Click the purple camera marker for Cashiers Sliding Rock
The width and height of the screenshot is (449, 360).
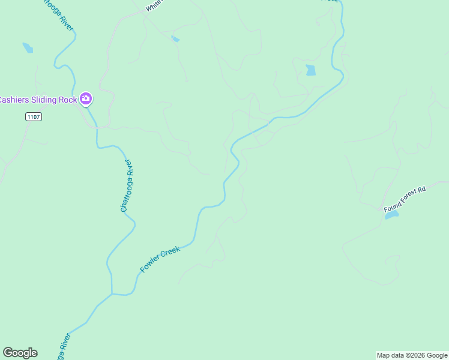point(86,98)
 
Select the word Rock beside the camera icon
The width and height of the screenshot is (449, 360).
point(68,100)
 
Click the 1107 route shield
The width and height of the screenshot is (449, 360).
point(34,116)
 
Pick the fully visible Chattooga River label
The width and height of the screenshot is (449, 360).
point(125,185)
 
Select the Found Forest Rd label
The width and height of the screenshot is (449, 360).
point(405,199)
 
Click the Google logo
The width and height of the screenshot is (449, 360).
point(20,353)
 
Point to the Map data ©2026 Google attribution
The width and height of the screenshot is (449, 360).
point(412,355)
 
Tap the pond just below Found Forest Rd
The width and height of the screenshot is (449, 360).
point(391,214)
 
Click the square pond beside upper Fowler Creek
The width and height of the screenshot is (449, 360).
point(310,70)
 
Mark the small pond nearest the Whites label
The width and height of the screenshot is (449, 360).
point(175,39)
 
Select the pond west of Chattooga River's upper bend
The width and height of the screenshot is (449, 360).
point(28,47)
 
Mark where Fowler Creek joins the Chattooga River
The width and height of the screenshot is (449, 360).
point(112,294)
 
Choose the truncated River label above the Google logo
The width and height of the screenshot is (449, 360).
point(62,346)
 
